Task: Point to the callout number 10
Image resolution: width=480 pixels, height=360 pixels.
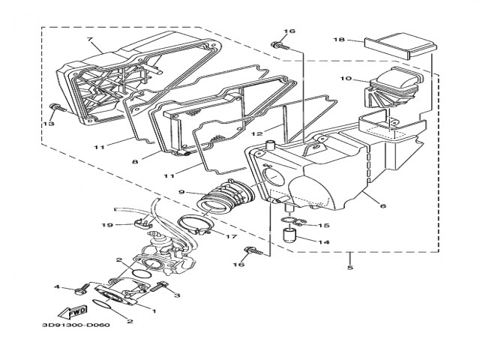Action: [x=346, y=78]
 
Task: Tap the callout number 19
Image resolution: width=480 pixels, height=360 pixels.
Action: [x=107, y=224]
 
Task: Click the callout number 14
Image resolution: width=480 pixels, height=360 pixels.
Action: [x=325, y=242]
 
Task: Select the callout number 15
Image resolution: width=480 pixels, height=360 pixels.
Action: [x=324, y=225]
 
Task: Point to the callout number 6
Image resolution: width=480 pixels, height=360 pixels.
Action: [x=382, y=205]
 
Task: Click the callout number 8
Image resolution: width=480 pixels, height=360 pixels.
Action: [x=135, y=160]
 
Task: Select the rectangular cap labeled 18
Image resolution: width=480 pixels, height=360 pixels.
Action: [x=399, y=47]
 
